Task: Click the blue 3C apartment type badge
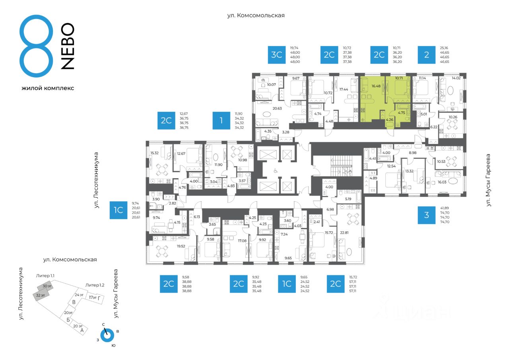tap(276, 55)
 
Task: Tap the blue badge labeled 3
tap(427, 215)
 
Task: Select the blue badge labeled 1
tap(221, 121)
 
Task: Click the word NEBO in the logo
tap(68, 46)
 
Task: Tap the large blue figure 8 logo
tap(36, 47)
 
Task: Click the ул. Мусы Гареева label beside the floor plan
tap(489, 180)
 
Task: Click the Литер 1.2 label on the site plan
tap(94, 285)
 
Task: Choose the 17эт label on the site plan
tap(93, 297)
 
